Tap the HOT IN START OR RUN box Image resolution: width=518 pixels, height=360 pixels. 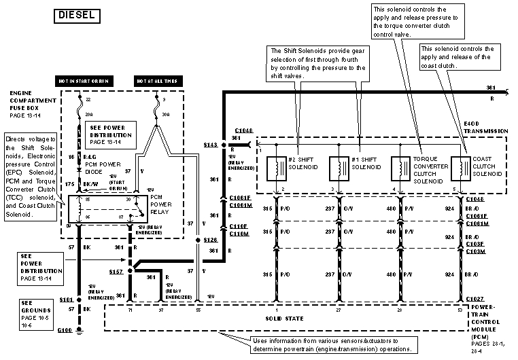tap(84, 81)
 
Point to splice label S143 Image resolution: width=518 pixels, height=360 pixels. tap(211, 144)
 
